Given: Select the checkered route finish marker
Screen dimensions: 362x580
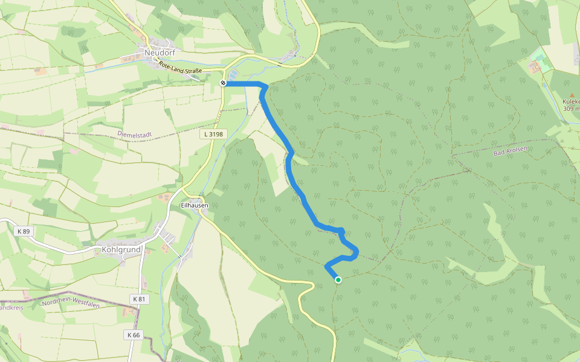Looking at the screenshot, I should coord(223,83).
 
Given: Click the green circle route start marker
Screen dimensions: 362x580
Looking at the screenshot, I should coord(338,279).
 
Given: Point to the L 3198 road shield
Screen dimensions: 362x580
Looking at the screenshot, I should coord(214,134).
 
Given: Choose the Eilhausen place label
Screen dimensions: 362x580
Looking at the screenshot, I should coord(195,205).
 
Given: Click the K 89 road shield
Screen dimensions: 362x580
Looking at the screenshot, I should coord(24,231).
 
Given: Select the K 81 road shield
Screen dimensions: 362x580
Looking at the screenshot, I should coord(139,299).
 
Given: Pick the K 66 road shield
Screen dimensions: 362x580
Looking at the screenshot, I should coord(134,335).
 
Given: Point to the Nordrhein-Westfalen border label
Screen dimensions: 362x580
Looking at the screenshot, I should coord(70,303).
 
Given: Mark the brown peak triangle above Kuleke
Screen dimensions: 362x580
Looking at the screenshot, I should coord(572,95).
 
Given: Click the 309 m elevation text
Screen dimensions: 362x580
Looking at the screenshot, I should coord(571,109).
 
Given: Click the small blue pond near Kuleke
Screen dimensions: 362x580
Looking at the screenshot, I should coord(545,85).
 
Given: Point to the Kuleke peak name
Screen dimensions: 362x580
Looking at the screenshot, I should coord(571,102).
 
